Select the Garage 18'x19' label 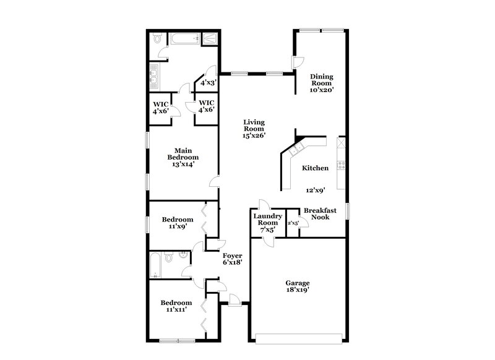[x=298, y=286]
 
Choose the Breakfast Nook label [x=319, y=213]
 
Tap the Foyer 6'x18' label [x=232, y=259]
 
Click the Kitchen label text [x=315, y=168]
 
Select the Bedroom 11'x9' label [x=178, y=223]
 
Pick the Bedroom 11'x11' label [x=176, y=306]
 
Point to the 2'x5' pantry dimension [x=293, y=223]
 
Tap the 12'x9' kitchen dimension [x=316, y=191]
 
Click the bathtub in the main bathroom [x=184, y=39]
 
